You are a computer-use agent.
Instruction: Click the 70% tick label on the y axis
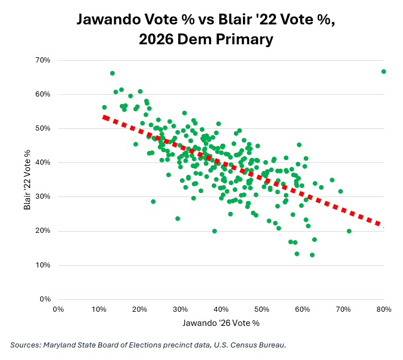click(43, 60)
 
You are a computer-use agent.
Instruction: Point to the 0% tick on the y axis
click(45, 299)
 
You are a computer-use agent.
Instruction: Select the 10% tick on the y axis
click(43, 265)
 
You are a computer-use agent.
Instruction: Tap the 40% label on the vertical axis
click(43, 162)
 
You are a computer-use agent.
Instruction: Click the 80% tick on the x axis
click(384, 309)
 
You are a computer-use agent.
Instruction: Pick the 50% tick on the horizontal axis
click(262, 309)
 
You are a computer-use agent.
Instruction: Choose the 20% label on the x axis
click(140, 309)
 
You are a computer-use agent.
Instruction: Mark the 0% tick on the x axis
click(58, 309)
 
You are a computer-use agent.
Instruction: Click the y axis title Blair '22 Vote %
click(27, 180)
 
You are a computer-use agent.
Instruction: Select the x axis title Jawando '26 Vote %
click(221, 323)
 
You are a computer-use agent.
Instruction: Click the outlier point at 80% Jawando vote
click(384, 72)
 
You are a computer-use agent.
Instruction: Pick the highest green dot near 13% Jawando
click(112, 73)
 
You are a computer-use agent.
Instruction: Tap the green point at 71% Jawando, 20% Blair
click(349, 231)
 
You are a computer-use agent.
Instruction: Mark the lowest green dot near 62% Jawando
click(312, 255)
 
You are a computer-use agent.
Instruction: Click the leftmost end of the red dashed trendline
click(103, 117)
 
